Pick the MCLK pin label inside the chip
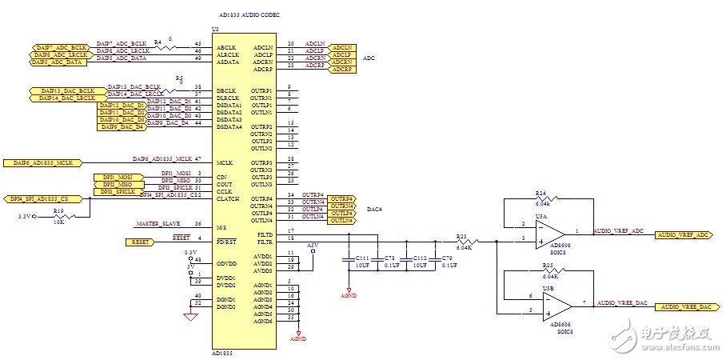tap(224, 162)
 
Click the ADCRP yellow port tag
tap(341, 70)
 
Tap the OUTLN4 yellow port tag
tap(341, 220)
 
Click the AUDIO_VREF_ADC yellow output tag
tap(683, 234)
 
